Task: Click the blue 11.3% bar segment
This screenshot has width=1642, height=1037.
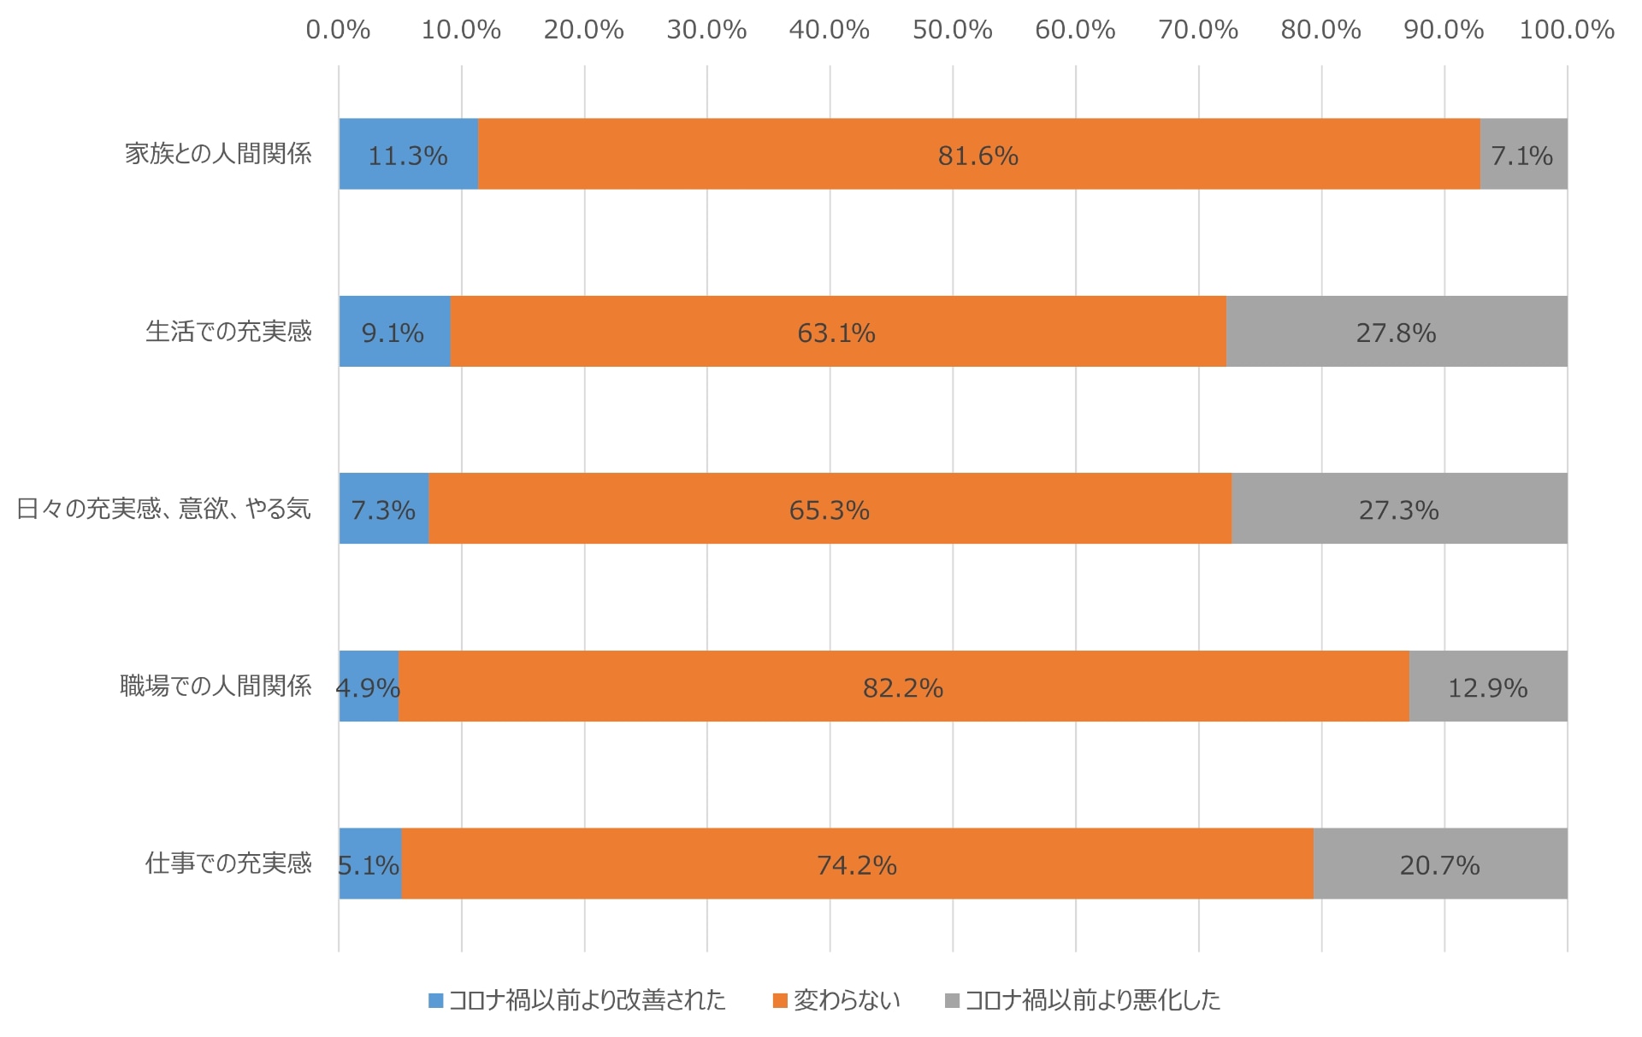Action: click(408, 154)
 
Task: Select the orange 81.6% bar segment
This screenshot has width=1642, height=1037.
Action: click(978, 154)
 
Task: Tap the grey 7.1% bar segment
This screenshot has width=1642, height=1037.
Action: click(1523, 154)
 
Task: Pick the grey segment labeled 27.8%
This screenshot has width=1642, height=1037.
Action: click(1396, 332)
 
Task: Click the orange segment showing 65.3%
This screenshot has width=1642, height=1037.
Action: click(830, 509)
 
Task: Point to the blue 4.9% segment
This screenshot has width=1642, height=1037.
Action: click(369, 686)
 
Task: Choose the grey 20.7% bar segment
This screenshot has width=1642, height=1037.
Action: click(1439, 863)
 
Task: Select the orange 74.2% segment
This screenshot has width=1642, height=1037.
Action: click(857, 863)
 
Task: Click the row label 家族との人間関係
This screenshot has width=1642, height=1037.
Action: click(218, 154)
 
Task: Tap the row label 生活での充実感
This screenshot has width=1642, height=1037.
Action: click(228, 332)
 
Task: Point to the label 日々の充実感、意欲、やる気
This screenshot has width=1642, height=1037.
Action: click(163, 510)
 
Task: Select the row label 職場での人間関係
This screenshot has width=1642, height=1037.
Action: click(216, 686)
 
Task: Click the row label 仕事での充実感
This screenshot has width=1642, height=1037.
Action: click(228, 863)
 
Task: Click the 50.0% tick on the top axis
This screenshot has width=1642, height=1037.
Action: click(952, 30)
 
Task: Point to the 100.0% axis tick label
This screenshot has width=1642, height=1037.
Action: click(1566, 30)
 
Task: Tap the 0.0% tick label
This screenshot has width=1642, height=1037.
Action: click(338, 30)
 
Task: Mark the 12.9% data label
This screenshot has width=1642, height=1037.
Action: click(1487, 688)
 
